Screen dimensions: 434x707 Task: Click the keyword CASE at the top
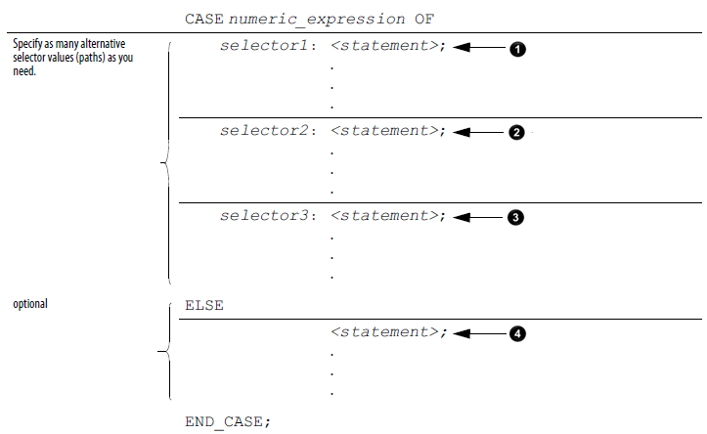(x=203, y=19)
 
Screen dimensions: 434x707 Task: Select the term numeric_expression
(x=303, y=19)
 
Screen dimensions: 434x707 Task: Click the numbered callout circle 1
(x=517, y=48)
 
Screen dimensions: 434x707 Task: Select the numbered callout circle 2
(x=517, y=132)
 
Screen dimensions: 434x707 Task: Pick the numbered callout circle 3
(x=517, y=217)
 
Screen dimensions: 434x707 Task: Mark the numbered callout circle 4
(x=517, y=333)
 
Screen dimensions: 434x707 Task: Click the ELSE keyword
(x=203, y=305)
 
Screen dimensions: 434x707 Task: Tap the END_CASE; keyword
(x=227, y=421)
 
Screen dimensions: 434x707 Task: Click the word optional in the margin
(x=30, y=304)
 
